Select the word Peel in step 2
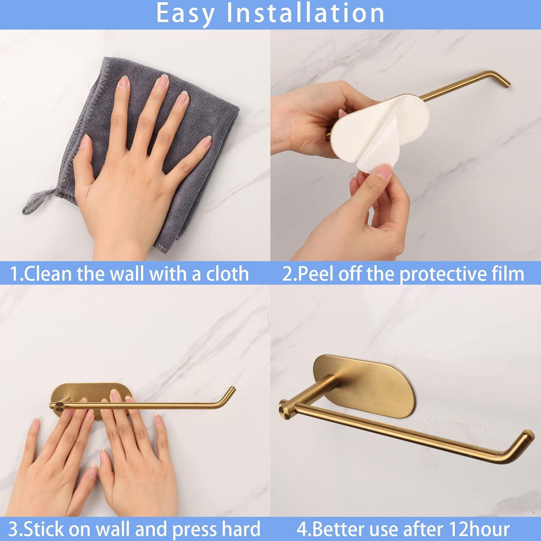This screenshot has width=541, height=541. (x=318, y=274)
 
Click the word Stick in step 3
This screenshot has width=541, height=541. (x=45, y=529)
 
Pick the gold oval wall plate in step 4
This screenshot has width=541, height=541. (x=364, y=382)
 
